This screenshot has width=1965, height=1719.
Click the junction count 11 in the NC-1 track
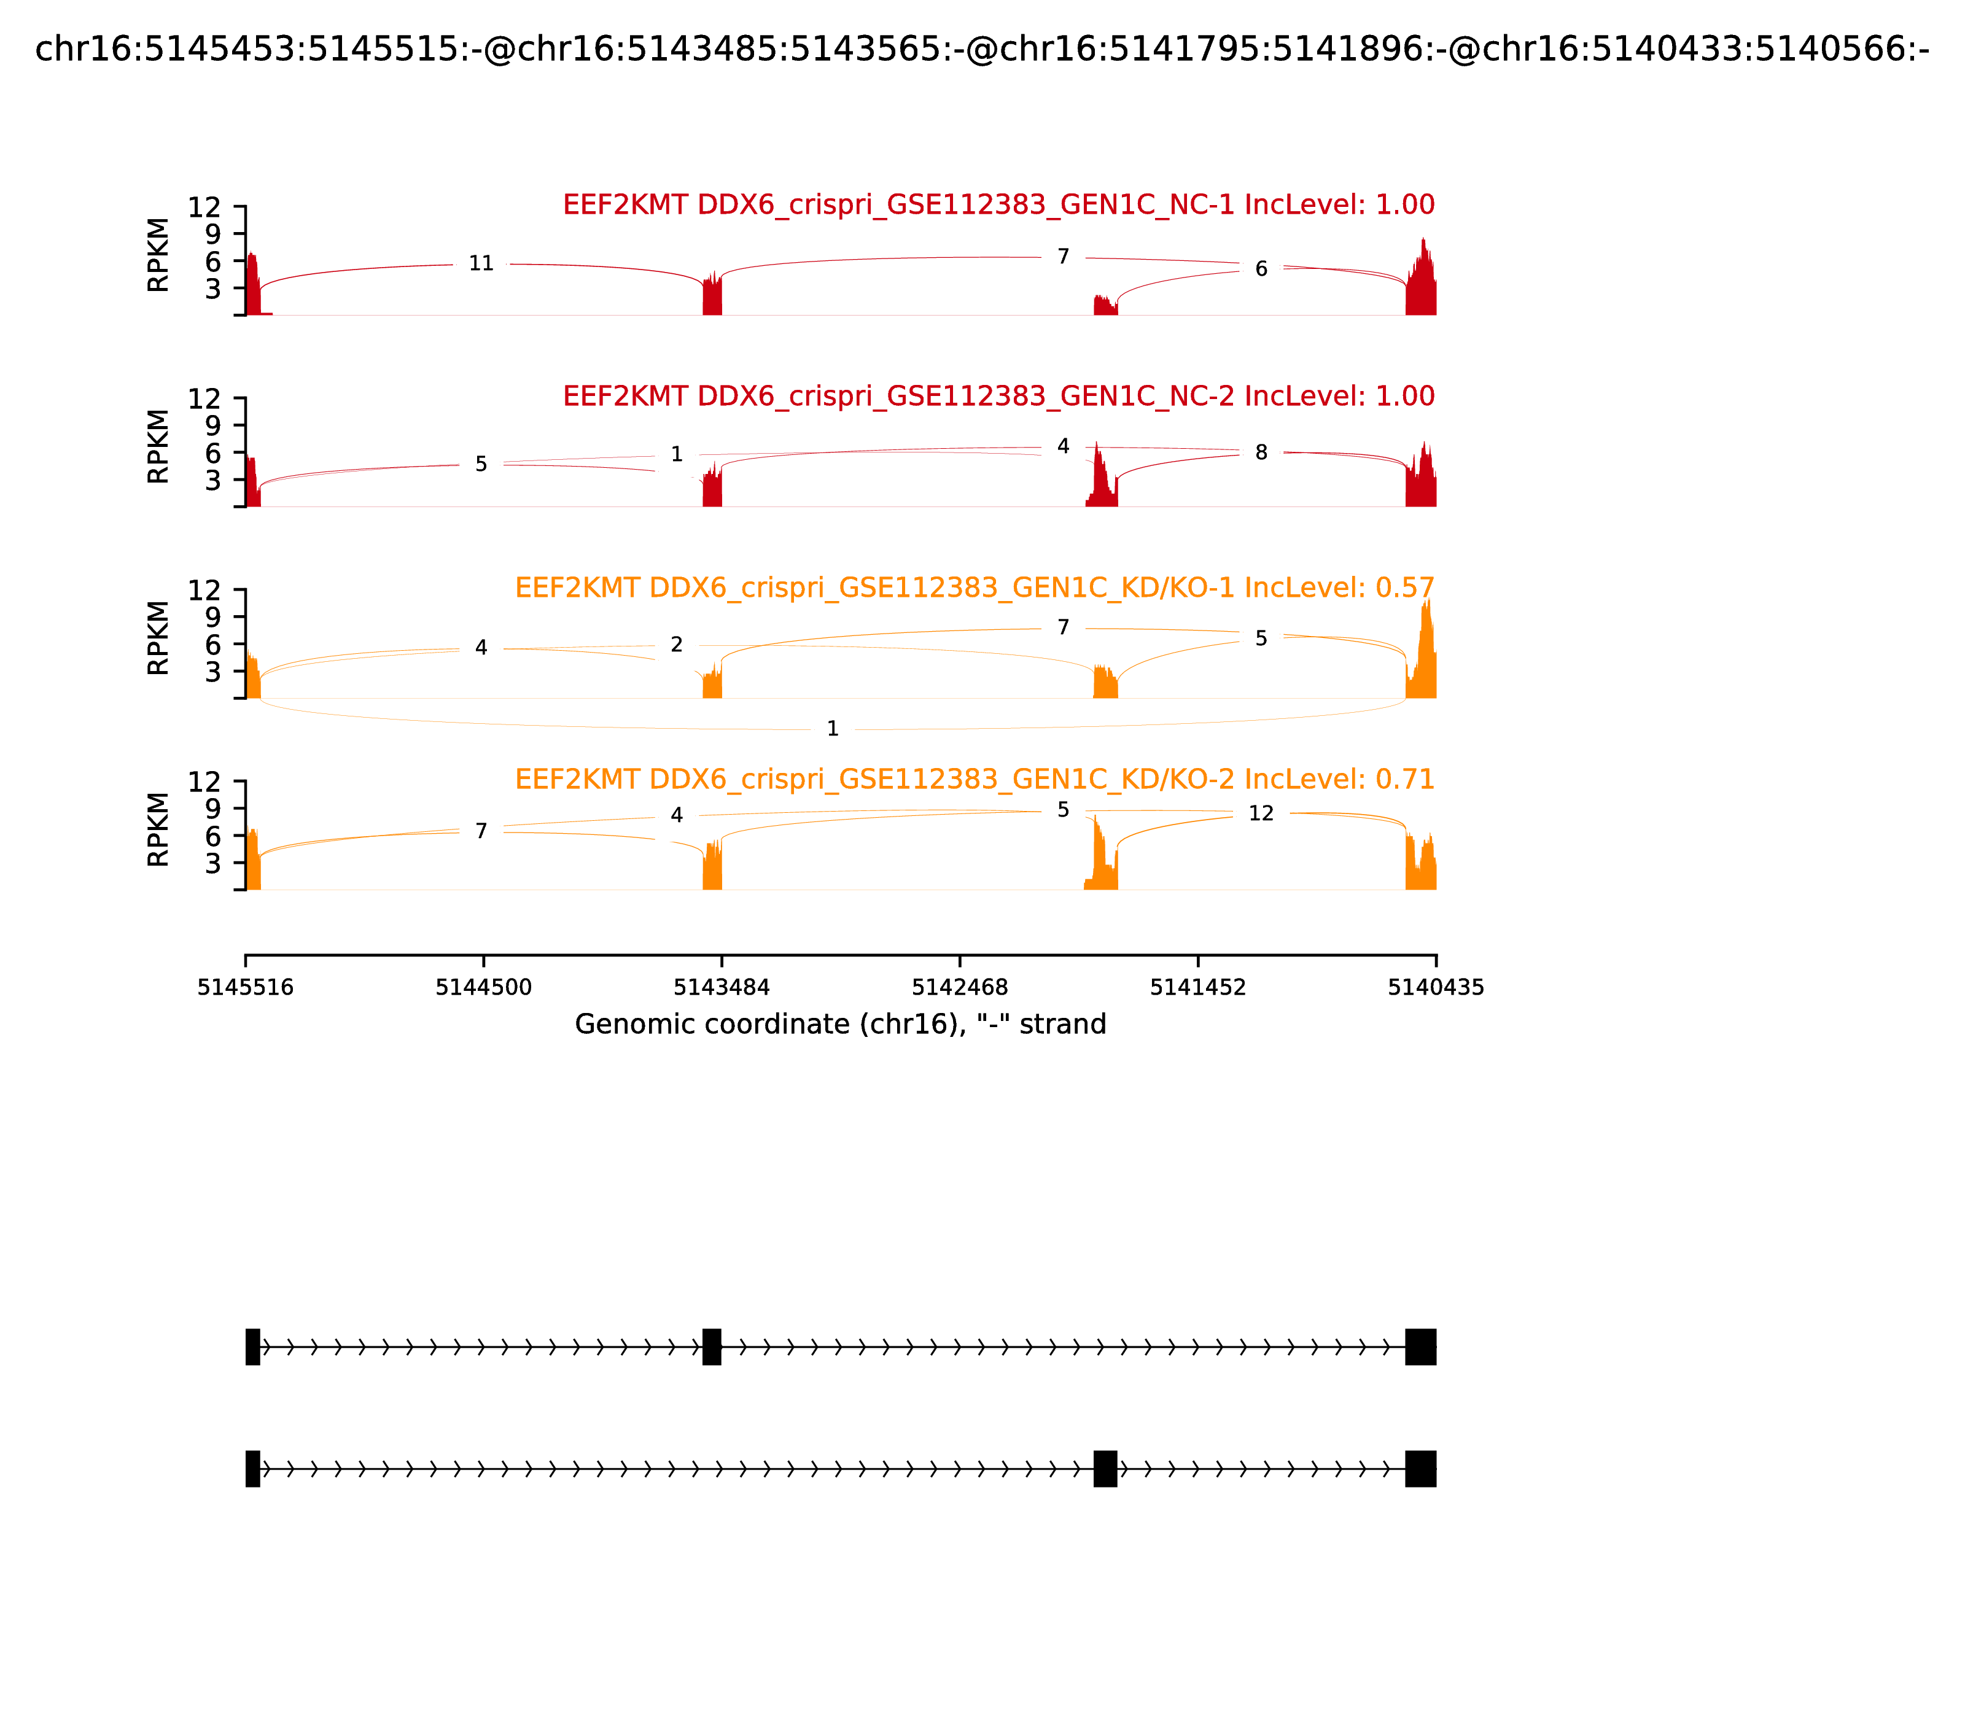(x=481, y=264)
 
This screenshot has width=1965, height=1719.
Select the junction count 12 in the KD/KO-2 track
(x=1261, y=813)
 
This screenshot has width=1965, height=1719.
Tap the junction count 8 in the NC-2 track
(x=1261, y=453)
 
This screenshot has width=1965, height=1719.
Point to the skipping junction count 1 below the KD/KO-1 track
(x=833, y=729)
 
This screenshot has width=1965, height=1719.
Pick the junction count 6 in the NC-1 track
(x=1261, y=270)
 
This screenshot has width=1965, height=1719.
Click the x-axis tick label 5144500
(x=484, y=988)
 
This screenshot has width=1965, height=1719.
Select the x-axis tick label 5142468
(x=959, y=988)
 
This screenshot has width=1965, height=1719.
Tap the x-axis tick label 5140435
(x=1436, y=988)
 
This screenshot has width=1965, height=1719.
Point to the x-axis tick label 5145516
(x=246, y=988)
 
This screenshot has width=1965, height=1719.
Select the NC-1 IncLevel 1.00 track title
(x=998, y=204)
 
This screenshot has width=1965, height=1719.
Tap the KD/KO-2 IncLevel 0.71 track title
(x=974, y=779)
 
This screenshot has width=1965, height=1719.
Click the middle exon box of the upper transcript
(x=711, y=1347)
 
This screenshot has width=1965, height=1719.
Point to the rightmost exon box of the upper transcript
(x=1420, y=1347)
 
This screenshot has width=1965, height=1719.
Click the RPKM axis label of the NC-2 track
(x=158, y=446)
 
